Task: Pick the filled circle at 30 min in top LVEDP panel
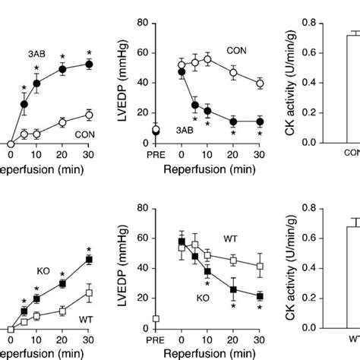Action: pos(260,122)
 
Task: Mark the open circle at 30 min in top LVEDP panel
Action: pos(260,84)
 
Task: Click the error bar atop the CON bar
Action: pos(352,33)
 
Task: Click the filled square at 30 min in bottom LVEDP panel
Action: pos(260,296)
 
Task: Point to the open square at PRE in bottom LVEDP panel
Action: pos(156,319)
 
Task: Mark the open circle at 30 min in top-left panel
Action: pos(89,115)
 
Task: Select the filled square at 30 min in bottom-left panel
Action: pos(89,260)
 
